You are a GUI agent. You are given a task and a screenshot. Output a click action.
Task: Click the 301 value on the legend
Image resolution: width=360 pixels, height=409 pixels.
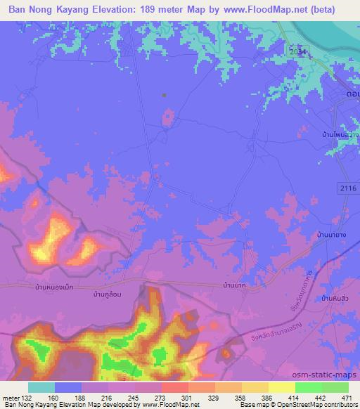click(x=174, y=397)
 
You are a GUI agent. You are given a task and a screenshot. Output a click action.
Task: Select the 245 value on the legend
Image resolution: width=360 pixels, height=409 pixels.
click(x=127, y=397)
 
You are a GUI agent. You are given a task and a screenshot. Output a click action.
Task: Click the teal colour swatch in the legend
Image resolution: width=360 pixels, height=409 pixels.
click(x=41, y=387)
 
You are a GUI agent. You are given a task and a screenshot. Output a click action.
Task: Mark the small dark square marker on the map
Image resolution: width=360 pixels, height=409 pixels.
click(x=164, y=95)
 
